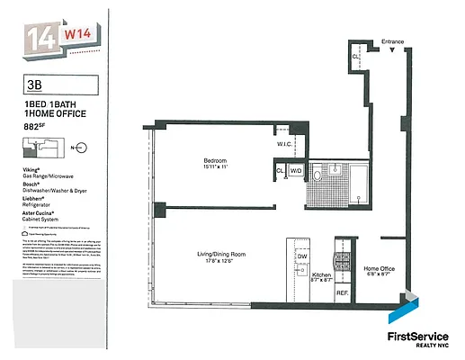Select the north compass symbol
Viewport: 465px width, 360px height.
83,147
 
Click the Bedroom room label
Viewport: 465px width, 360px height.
216,161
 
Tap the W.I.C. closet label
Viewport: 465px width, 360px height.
284,146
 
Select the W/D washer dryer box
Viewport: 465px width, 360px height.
296,169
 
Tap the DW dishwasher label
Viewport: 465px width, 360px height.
302,256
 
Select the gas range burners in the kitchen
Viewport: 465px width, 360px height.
342,261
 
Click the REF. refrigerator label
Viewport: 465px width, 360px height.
342,293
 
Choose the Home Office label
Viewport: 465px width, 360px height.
379,268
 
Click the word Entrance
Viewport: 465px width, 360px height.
393,42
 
